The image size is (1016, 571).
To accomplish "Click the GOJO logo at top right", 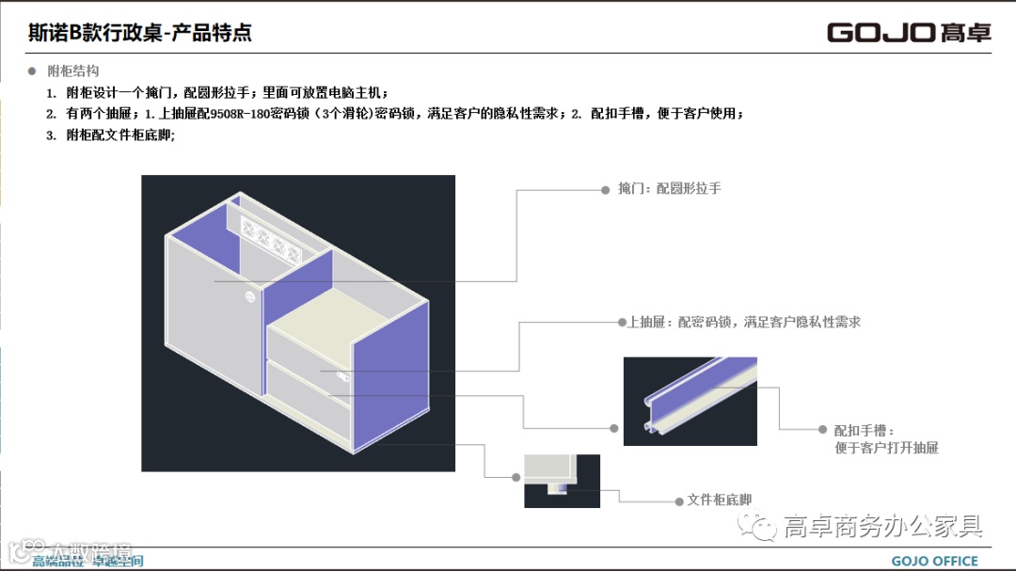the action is coord(908,33).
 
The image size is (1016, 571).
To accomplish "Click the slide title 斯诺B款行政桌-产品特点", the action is coord(140,34).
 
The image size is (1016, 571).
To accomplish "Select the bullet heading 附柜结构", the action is coord(72,71).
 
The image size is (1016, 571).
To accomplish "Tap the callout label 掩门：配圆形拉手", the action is coord(669,189).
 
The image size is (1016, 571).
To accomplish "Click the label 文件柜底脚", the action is coord(720,500).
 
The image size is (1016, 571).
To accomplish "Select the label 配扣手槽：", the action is coord(861,430).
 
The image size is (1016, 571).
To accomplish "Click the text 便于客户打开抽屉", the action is coord(886,448).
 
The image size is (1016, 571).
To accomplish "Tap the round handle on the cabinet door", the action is coord(250,296).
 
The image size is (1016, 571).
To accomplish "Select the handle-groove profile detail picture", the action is coord(691,401).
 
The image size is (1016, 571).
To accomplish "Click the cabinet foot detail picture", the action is coord(562,481).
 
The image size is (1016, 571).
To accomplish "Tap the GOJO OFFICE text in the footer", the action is coord(934,562).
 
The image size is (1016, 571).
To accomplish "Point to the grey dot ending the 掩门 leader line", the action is coord(606,189).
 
